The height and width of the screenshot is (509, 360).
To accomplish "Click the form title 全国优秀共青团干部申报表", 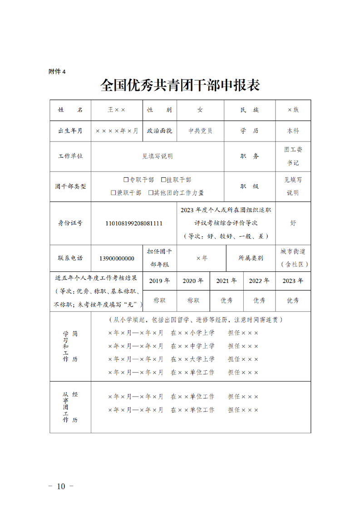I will tap(180, 85).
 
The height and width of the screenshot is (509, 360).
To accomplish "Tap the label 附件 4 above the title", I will tap(57, 71).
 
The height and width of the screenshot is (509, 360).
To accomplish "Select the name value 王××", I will tap(117, 110).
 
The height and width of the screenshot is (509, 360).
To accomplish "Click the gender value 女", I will tap(200, 110).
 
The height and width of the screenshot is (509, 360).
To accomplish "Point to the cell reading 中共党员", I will tap(200, 131).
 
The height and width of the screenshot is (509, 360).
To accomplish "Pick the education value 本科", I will tap(293, 131).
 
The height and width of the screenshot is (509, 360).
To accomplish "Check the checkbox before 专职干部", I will tap(126, 180).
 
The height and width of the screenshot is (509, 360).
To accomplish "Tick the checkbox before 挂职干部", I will tap(163, 180).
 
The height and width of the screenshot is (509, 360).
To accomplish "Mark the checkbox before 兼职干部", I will tap(113, 193).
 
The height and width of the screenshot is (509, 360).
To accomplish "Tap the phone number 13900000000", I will tap(117, 259).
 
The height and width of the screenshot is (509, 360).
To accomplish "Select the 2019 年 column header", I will tap(159, 281).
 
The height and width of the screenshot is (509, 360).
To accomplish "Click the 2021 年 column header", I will tap(226, 281).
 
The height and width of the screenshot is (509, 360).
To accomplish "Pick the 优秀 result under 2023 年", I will tap(293, 300).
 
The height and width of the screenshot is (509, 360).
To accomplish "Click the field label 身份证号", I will tap(70, 223).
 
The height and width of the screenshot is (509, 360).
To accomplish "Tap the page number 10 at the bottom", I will tap(61, 486).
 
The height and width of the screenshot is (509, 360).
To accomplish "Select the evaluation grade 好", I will tap(293, 223).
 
